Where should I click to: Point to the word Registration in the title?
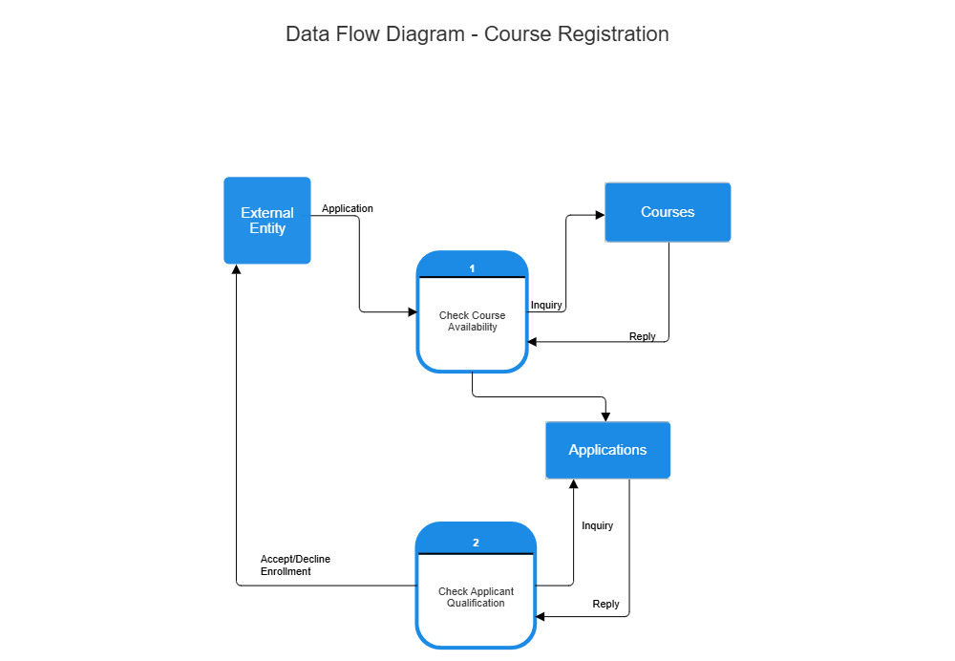613,34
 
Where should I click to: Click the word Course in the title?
518,34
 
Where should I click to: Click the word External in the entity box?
267,213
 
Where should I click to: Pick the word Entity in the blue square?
267,229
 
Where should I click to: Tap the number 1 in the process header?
472,268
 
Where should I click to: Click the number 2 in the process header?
476,543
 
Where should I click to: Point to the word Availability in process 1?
473,327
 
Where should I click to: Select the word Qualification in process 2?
476,603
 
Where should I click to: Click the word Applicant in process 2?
492,591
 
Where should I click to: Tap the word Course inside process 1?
489,315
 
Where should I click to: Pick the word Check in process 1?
454,315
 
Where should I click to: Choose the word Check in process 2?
453,591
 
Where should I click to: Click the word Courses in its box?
668,212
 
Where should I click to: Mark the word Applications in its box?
607,450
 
